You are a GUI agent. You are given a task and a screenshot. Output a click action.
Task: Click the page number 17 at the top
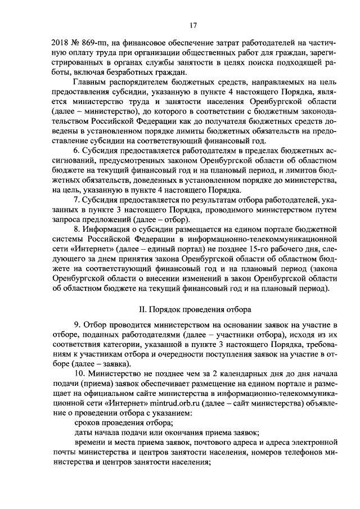tap(192, 25)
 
